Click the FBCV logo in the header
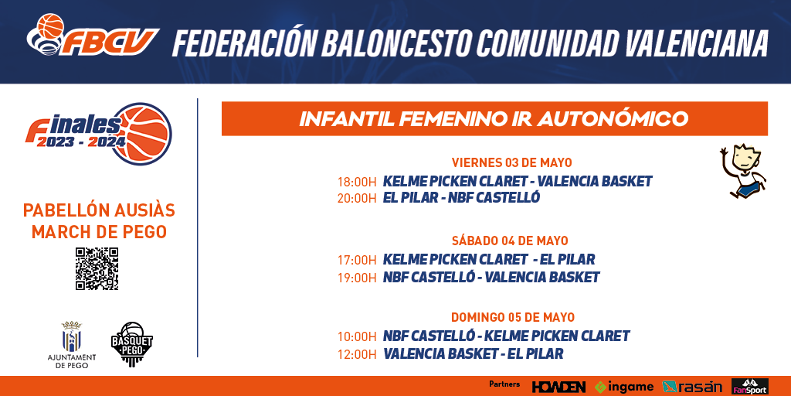click(93, 35)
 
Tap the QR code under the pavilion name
click(97, 268)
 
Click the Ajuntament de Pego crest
click(71, 336)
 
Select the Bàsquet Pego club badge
click(131, 344)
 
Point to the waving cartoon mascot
click(743, 171)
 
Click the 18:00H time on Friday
click(357, 182)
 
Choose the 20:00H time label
click(357, 198)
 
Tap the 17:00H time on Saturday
click(357, 260)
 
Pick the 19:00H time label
click(357, 278)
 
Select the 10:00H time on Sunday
click(357, 336)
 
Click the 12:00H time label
click(357, 354)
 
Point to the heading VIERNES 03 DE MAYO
click(511, 162)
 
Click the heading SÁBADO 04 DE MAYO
click(510, 241)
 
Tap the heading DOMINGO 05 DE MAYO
click(513, 318)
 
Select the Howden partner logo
click(558, 387)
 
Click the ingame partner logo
click(624, 387)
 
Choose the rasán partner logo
click(692, 387)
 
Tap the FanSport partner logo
click(749, 387)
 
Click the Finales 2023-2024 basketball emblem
click(99, 134)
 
